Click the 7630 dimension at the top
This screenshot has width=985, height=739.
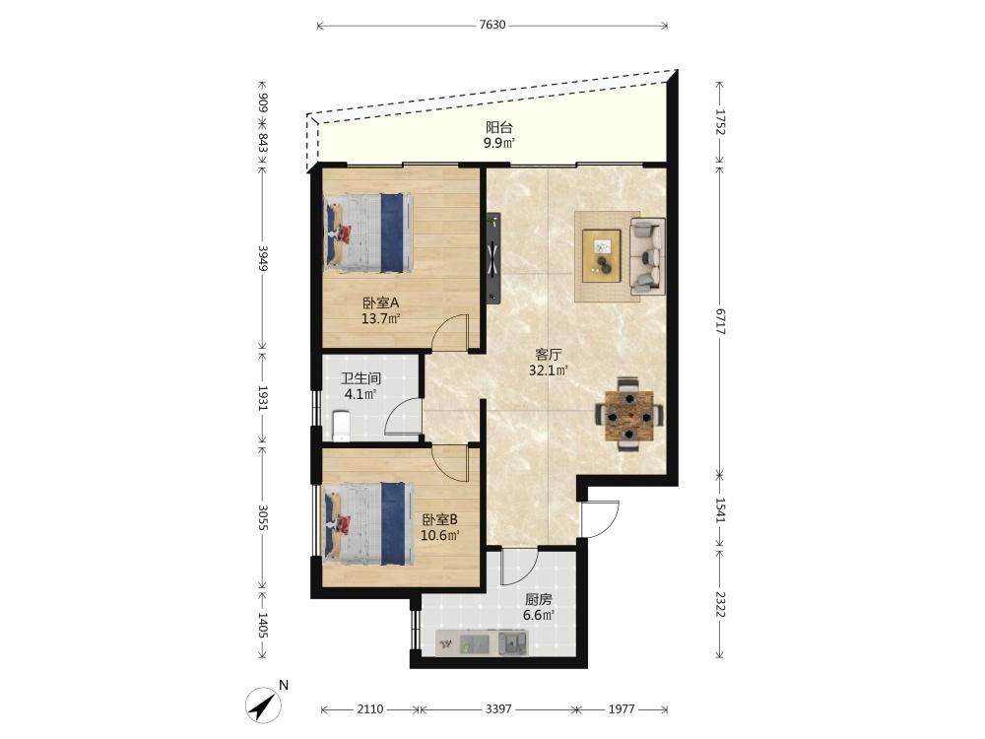click(492, 26)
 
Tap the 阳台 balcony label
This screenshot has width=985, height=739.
click(499, 127)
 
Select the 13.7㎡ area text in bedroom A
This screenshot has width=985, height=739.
click(380, 318)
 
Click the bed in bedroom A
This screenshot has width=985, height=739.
click(368, 234)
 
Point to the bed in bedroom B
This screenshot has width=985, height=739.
click(368, 523)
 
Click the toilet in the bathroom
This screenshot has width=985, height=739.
click(340, 426)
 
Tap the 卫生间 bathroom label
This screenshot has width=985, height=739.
click(361, 379)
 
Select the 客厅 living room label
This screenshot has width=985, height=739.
click(549, 355)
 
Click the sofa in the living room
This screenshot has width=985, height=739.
click(647, 256)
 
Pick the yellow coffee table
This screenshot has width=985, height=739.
click(601, 256)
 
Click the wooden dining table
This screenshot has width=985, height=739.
click(628, 416)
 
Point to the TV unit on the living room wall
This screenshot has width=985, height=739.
click(493, 258)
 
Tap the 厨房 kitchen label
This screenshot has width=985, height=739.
click(539, 599)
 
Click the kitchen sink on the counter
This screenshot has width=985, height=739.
click(513, 642)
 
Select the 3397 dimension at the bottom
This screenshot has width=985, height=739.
click(498, 708)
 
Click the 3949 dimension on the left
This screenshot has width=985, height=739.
click(263, 258)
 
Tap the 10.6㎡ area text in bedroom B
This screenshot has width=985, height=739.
click(439, 535)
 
